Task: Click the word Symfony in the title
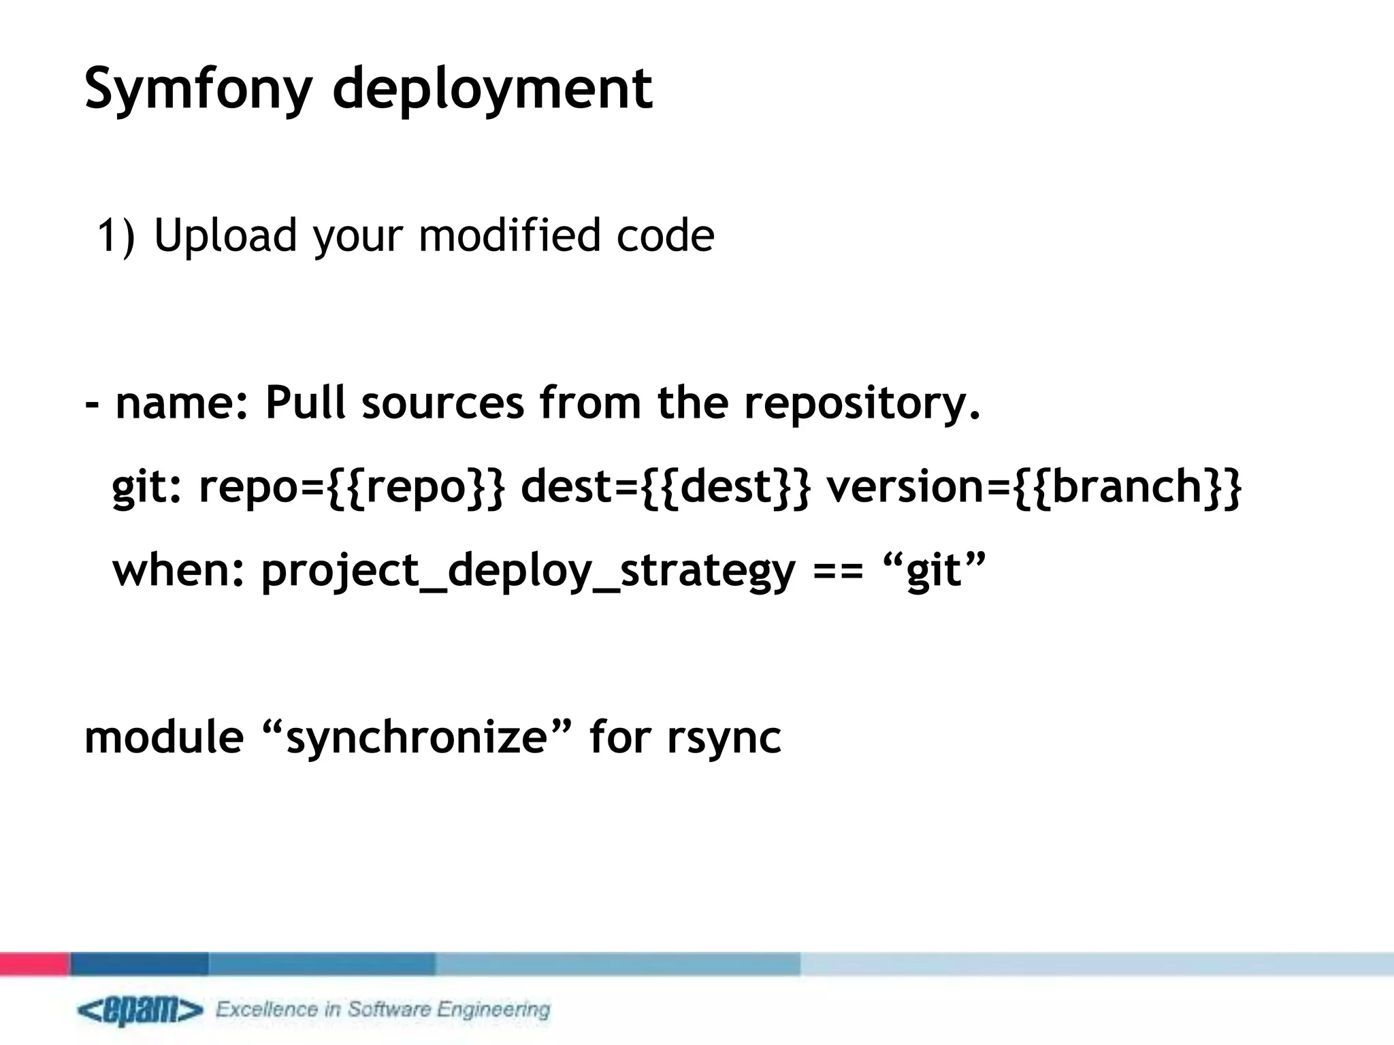[197, 88]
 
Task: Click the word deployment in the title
[492, 88]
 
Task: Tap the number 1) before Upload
[116, 235]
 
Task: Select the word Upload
[225, 235]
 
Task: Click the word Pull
[305, 402]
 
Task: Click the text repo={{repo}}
[352, 486]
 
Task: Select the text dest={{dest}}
[666, 486]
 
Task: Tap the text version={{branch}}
[1034, 486]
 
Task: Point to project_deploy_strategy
[528, 571]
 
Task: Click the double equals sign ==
[838, 571]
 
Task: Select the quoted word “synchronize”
[416, 737]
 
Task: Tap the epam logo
[140, 1011]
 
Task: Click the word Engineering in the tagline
[493, 1009]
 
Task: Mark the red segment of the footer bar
[35, 963]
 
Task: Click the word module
[164, 737]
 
